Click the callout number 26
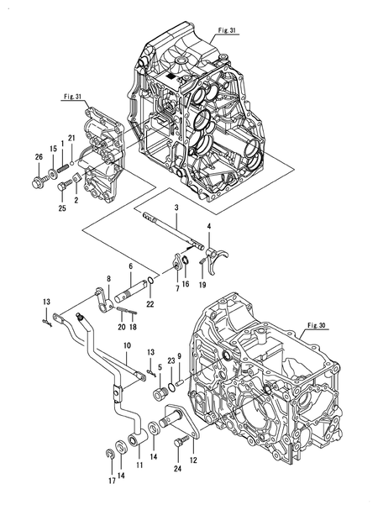pyautogui.click(x=39, y=156)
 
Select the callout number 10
pyautogui.click(x=127, y=346)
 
